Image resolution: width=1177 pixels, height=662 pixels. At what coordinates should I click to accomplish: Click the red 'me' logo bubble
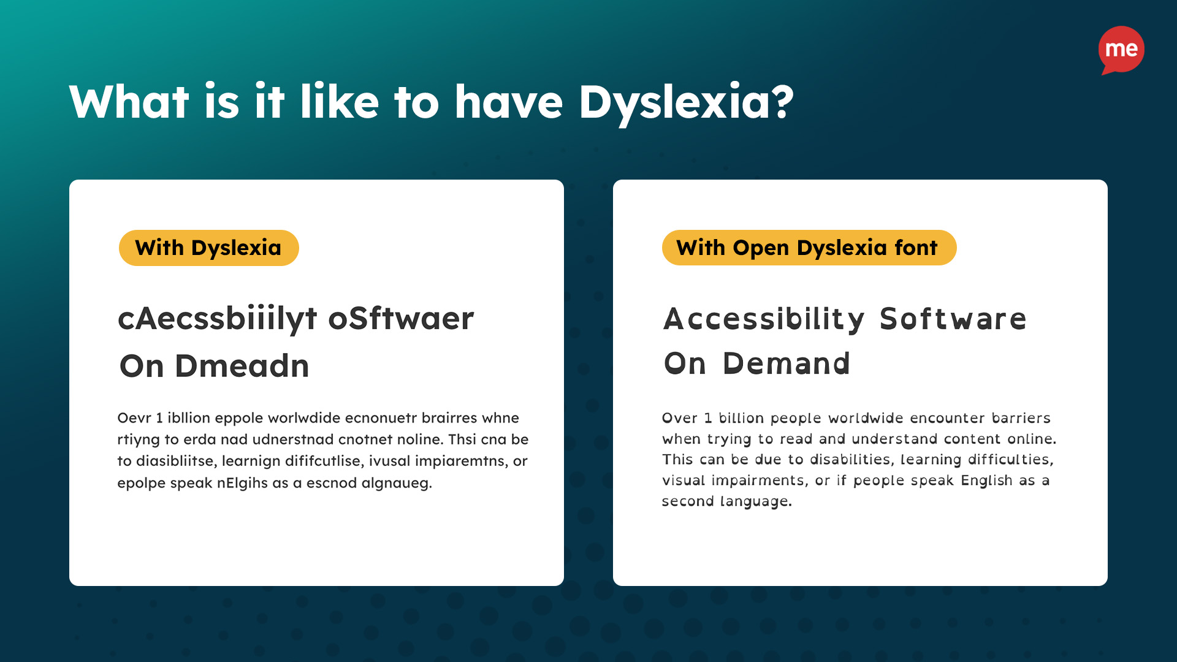[1121, 49]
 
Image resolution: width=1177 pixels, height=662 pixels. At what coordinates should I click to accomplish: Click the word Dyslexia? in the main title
[686, 102]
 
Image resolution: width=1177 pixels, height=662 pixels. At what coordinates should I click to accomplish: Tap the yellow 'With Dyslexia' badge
[208, 248]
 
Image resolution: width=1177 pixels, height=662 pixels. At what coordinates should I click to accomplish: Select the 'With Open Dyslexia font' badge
[809, 248]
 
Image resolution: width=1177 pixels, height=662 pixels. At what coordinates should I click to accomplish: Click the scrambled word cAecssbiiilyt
[218, 319]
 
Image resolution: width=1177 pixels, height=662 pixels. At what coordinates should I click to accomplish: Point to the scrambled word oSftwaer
[402, 318]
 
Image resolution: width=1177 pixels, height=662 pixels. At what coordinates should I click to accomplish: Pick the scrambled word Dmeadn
[242, 366]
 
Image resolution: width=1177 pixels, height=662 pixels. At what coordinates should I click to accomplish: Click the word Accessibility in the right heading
[764, 319]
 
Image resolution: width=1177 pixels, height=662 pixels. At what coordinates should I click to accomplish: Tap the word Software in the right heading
[953, 319]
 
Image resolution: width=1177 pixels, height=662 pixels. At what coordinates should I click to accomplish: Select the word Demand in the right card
[787, 363]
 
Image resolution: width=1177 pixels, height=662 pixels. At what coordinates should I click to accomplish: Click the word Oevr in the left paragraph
[134, 418]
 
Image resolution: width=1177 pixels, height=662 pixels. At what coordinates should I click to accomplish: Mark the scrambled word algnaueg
[397, 483]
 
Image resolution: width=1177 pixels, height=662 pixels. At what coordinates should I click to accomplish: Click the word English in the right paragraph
[986, 481]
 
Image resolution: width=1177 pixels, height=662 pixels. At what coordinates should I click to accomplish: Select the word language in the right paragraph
[756, 501]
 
